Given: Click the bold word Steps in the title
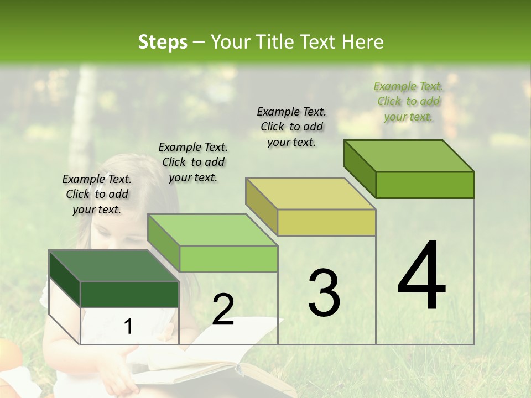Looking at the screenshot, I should coord(163,42).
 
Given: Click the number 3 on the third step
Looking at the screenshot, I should coord(324,292).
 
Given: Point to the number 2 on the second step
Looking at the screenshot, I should coord(223,310).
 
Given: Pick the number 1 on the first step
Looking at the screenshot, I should coord(128,327).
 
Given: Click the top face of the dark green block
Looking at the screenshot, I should coord(114,266).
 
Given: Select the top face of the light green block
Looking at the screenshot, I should coord(212,230).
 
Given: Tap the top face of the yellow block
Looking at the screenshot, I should coord(311,193).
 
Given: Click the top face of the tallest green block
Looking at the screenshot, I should coord(409,156).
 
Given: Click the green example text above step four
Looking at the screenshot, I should coord(409,101).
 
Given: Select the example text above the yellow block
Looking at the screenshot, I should coord(291,127).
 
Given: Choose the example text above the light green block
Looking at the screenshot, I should coord(193,162).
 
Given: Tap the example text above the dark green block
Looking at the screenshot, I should coord(97,194).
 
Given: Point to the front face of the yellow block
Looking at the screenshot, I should coord(326,223).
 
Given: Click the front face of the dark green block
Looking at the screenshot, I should coord(129,294).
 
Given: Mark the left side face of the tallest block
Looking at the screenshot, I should coord(360,169).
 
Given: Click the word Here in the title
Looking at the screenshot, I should coord(363,42).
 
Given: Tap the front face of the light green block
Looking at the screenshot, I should coord(228,259).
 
